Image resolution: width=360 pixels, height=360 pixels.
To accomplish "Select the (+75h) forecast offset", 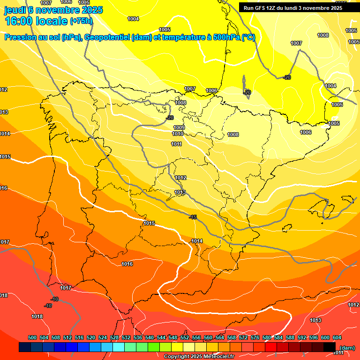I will [81, 21].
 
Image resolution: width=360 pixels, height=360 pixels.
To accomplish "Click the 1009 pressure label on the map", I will [179, 127].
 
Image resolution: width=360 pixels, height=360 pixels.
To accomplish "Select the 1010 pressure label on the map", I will [177, 134].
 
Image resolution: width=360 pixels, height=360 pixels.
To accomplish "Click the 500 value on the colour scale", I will [32, 337].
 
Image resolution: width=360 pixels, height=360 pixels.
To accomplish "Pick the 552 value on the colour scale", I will [185, 337].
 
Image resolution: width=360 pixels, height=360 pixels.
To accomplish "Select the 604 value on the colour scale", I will [337, 337].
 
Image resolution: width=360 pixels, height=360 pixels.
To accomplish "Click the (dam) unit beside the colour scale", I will [347, 348].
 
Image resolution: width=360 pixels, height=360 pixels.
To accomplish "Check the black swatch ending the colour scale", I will [330, 347].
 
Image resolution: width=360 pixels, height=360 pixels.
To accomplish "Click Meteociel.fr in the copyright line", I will [215, 357].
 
